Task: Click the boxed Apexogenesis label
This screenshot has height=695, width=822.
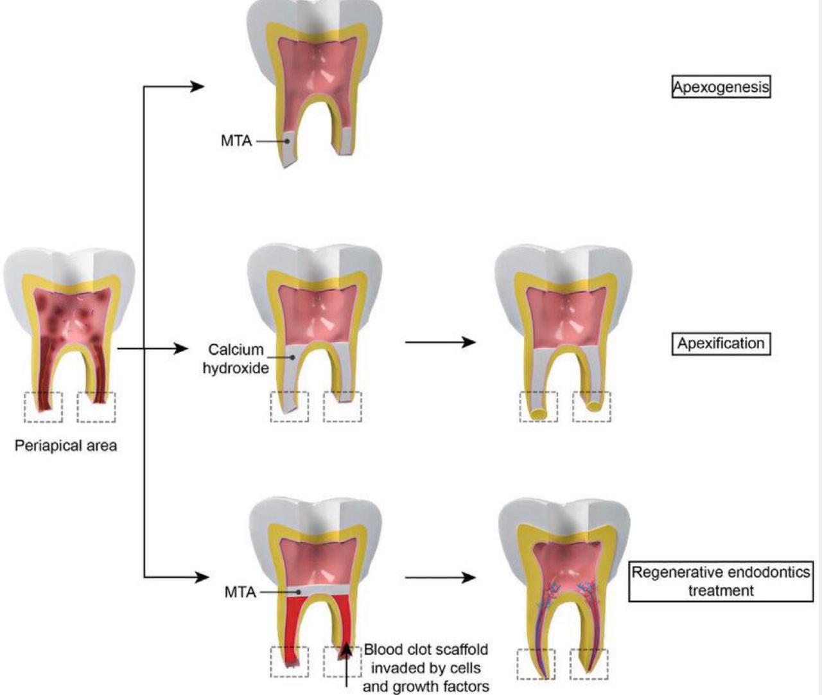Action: click(721, 87)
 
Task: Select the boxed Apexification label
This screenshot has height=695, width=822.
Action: click(721, 343)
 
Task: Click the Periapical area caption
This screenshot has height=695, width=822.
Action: click(66, 446)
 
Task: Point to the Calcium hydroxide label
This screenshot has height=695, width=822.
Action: click(236, 359)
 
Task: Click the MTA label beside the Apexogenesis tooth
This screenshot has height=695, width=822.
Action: click(236, 141)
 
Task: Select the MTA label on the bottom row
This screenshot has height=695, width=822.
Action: click(240, 592)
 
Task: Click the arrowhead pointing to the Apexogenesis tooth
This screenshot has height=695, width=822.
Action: click(197, 86)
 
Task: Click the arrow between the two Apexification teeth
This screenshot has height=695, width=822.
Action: click(441, 342)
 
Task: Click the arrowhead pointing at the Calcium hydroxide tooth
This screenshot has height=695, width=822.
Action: click(180, 349)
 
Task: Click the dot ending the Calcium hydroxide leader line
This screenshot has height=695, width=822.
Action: click(293, 357)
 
